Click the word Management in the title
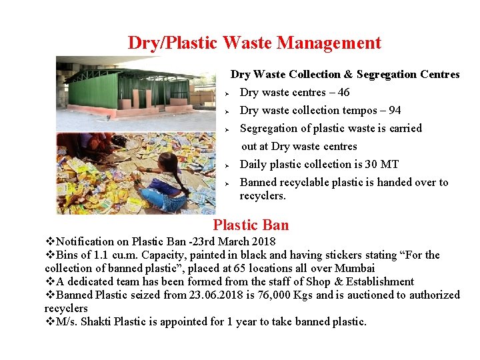pyautogui.click(x=329, y=43)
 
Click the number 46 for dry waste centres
pyautogui.click(x=343, y=93)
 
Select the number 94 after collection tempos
pyautogui.click(x=395, y=111)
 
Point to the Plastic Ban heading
pyautogui.click(x=251, y=225)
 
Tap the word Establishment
pyautogui.click(x=380, y=281)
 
